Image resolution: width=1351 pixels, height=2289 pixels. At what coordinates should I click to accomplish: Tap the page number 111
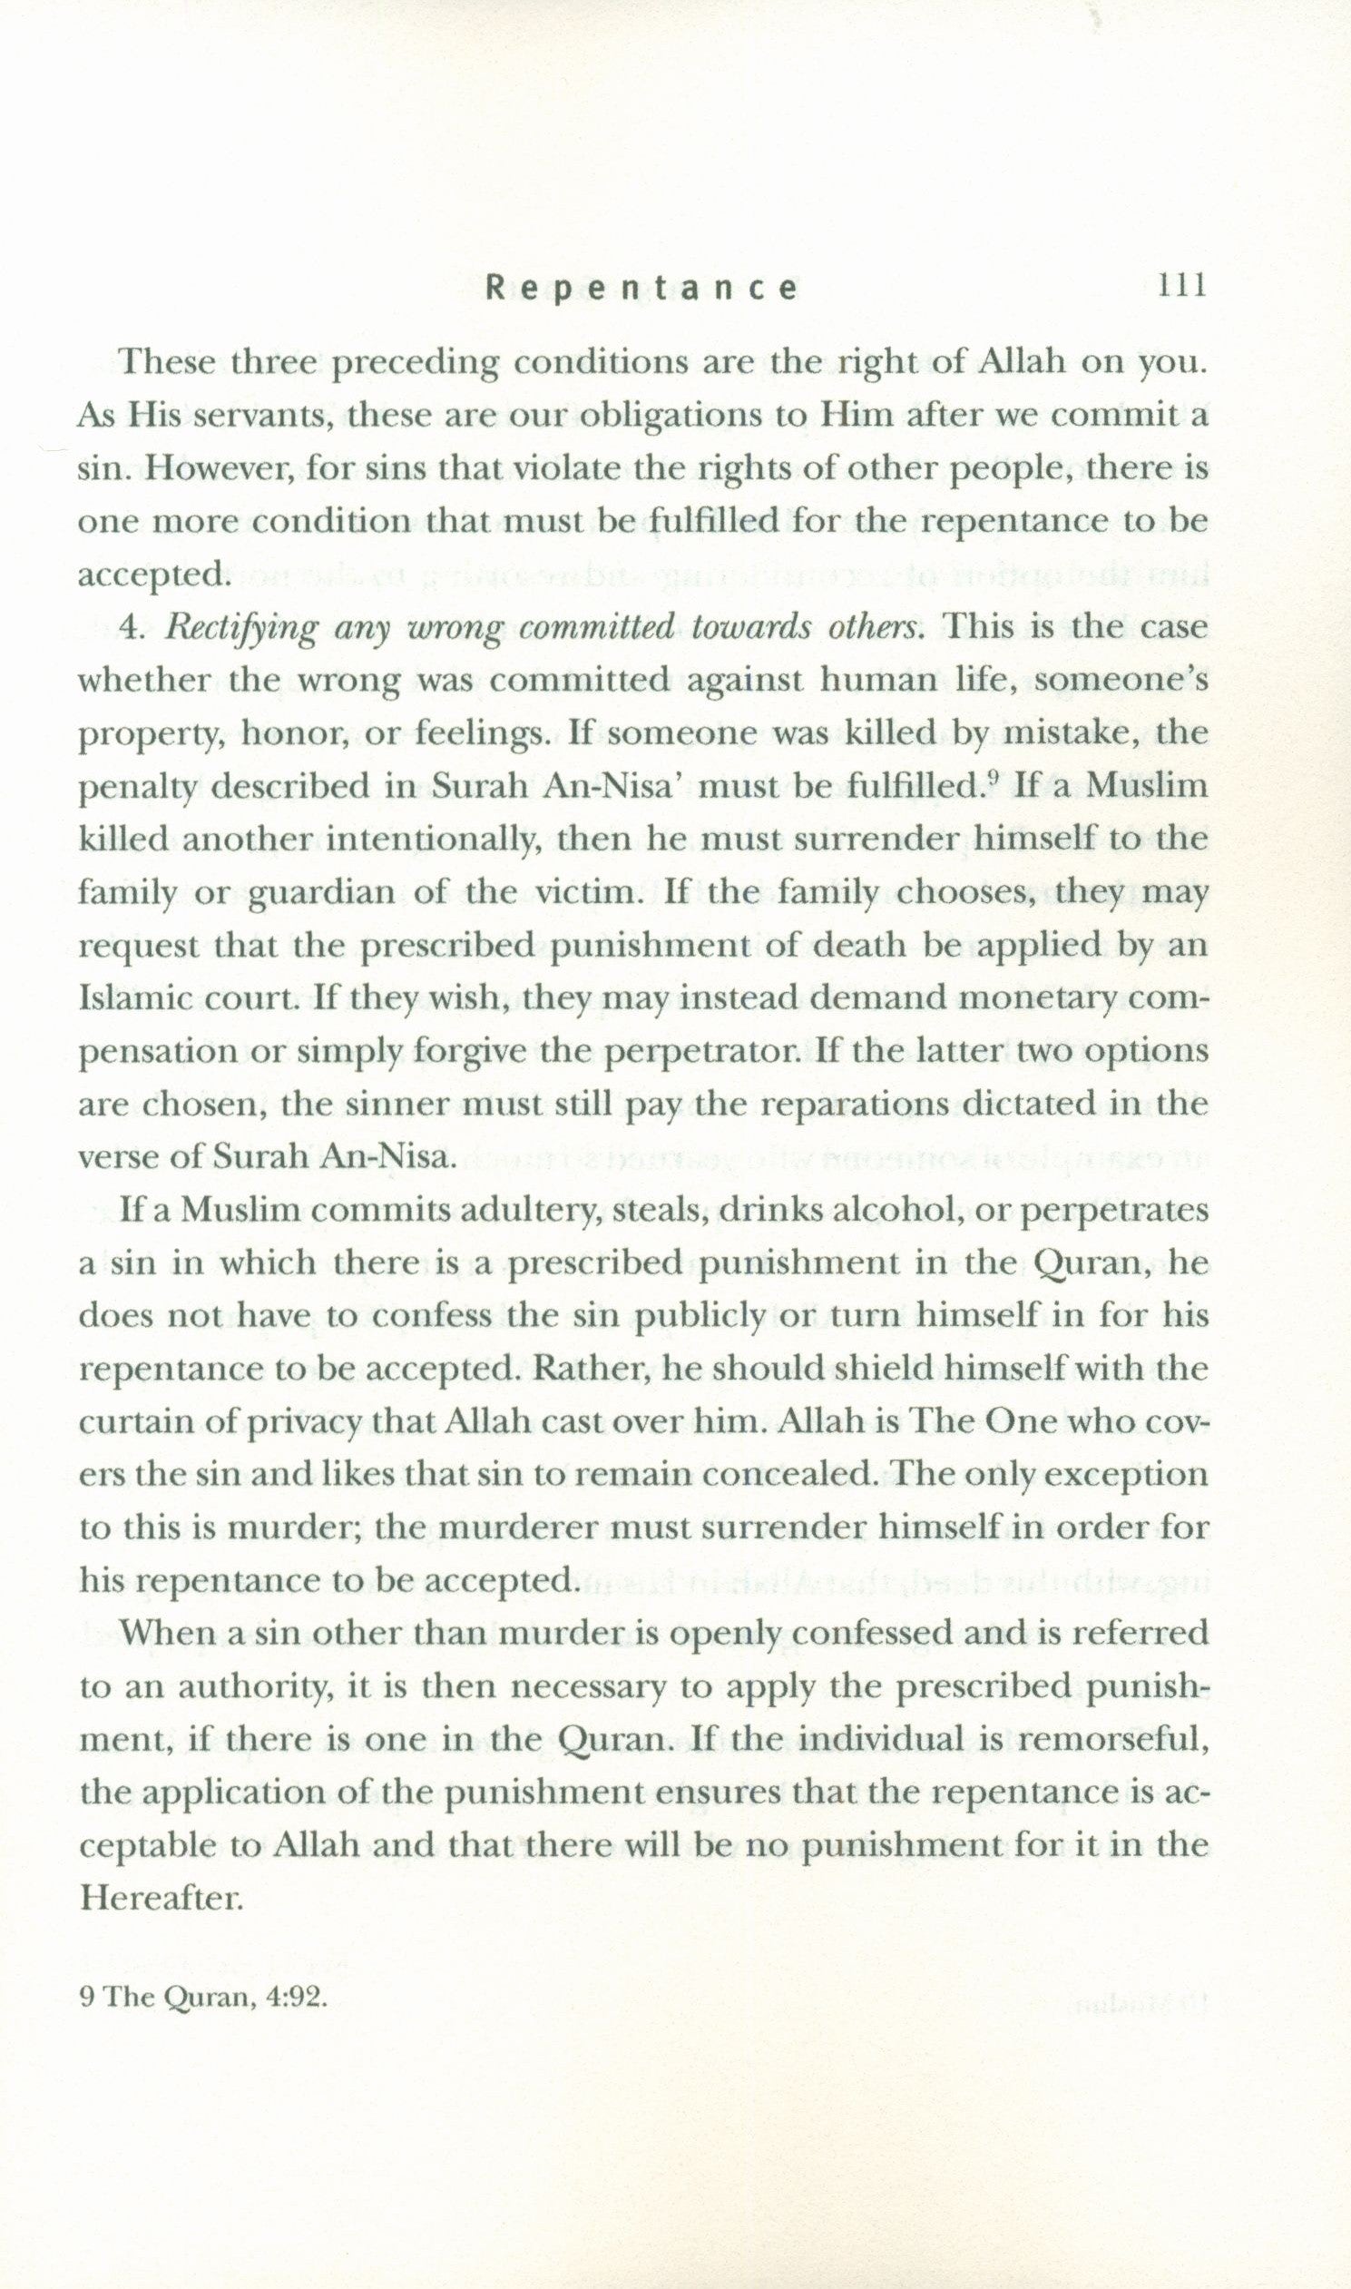tap(1180, 287)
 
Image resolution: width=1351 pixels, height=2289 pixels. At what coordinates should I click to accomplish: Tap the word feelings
tap(482, 734)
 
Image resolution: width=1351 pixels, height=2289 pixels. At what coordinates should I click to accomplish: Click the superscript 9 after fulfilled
tap(993, 779)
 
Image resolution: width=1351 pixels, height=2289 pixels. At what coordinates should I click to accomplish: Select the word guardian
tap(321, 892)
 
